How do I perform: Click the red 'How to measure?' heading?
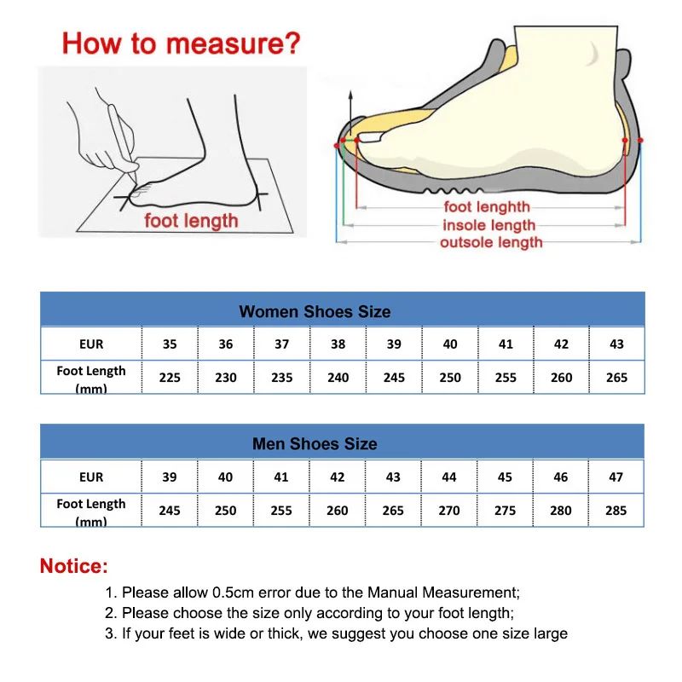(x=182, y=42)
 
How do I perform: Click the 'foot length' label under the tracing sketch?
(x=191, y=221)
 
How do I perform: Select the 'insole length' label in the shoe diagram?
(x=488, y=225)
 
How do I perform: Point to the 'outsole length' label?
(x=491, y=243)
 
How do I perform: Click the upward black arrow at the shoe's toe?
(x=350, y=107)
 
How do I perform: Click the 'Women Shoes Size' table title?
(x=315, y=311)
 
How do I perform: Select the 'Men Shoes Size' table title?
(x=315, y=444)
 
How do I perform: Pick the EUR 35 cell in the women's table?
(x=170, y=344)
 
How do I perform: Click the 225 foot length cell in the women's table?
(x=170, y=377)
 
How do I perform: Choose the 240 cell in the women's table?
(x=338, y=377)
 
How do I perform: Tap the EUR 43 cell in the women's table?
(x=616, y=344)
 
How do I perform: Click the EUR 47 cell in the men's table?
(x=616, y=477)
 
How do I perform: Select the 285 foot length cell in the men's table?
(x=616, y=510)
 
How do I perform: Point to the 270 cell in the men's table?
(x=448, y=510)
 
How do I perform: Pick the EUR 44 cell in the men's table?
(x=448, y=477)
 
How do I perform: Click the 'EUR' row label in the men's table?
(x=91, y=477)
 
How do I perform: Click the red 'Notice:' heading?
(x=74, y=566)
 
